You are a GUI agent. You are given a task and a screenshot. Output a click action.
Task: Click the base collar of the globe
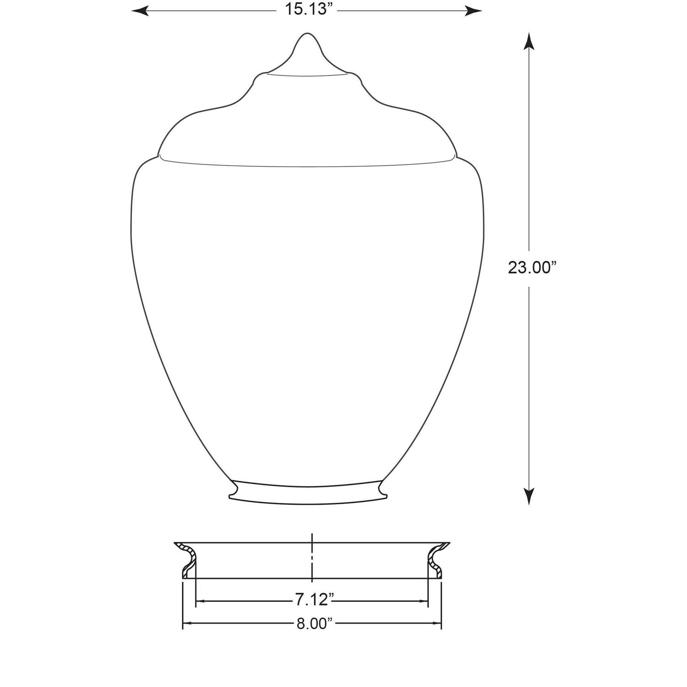point(307,493)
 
